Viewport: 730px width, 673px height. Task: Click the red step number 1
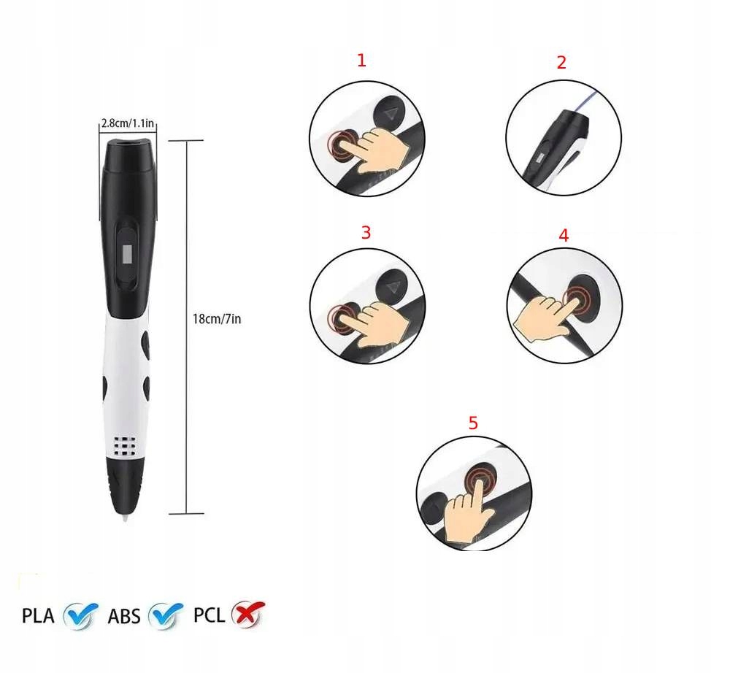pos(362,61)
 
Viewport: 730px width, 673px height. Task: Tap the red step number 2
pos(561,62)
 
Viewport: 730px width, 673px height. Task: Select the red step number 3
pos(366,232)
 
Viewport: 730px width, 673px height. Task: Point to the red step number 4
pos(564,236)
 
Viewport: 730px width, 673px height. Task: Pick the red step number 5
pos(473,423)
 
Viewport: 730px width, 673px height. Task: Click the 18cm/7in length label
pos(217,319)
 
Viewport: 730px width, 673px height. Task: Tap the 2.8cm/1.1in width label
pos(128,123)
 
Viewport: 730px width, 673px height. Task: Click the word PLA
pos(38,616)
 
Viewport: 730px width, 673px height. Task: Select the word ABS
pos(124,616)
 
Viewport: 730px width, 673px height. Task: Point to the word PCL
pos(209,615)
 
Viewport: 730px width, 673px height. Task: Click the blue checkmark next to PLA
pos(80,615)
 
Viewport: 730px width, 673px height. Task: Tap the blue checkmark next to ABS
pos(165,615)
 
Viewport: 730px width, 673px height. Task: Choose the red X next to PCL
pos(249,613)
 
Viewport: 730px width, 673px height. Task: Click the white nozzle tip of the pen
pos(126,516)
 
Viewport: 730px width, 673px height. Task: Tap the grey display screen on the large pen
pos(127,254)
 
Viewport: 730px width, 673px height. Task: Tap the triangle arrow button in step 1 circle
pos(389,114)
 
